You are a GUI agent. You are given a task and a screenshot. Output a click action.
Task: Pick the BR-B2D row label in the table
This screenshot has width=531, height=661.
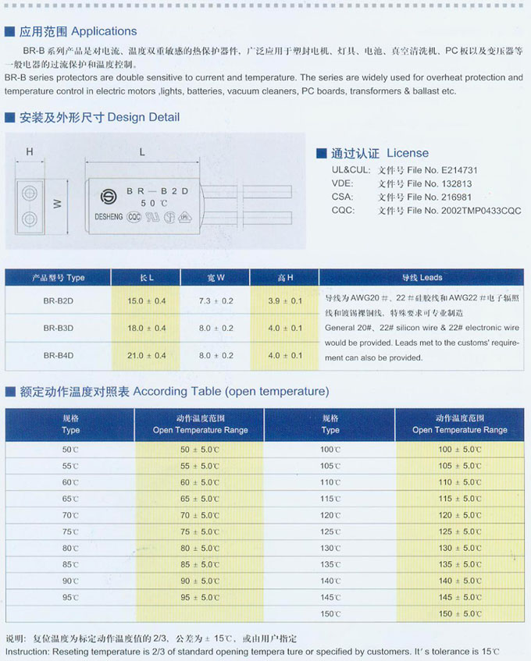[x=59, y=300]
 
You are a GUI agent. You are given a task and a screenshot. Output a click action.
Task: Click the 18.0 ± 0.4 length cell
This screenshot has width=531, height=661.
[x=147, y=329]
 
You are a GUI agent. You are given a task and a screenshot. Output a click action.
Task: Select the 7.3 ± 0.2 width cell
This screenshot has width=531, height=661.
[x=216, y=300]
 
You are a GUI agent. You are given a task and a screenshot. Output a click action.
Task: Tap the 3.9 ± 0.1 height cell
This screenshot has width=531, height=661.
[x=285, y=300]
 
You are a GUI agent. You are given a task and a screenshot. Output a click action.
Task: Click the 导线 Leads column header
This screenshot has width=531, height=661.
[x=421, y=277]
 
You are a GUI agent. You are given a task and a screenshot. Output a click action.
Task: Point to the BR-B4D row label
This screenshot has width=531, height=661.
[x=59, y=356]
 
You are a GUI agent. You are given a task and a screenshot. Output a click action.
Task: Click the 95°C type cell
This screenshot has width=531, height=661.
[x=70, y=597]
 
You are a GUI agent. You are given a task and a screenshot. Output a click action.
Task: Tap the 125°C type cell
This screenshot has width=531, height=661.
[x=330, y=531]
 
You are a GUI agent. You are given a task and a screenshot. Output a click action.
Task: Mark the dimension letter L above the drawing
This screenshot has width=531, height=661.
[x=142, y=153]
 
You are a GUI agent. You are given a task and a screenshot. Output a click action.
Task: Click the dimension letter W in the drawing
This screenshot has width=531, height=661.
[x=57, y=204]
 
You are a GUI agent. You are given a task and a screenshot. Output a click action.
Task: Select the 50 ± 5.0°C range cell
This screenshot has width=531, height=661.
[x=200, y=450]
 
